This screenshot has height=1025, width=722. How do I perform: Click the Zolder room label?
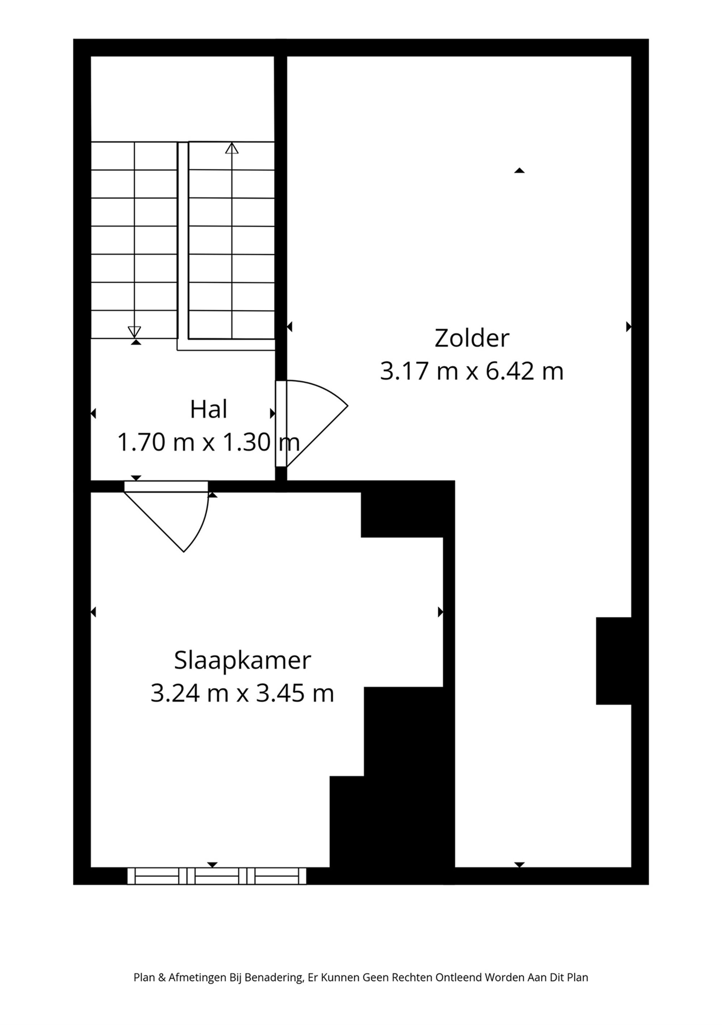click(x=472, y=338)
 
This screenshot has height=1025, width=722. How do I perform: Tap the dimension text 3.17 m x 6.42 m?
click(x=472, y=371)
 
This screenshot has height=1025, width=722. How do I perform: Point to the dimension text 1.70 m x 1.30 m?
click(x=208, y=442)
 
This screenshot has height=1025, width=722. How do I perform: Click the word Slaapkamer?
click(x=242, y=661)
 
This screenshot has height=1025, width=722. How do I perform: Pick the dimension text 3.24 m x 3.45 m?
click(x=242, y=694)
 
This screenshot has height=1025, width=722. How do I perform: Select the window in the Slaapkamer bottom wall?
click(x=217, y=876)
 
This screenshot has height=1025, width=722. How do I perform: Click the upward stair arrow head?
click(x=232, y=149)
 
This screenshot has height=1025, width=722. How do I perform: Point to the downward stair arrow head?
click(x=134, y=332)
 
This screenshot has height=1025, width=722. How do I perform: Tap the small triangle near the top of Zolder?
click(x=519, y=170)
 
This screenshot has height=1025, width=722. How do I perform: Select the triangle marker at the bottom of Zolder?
click(x=519, y=865)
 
